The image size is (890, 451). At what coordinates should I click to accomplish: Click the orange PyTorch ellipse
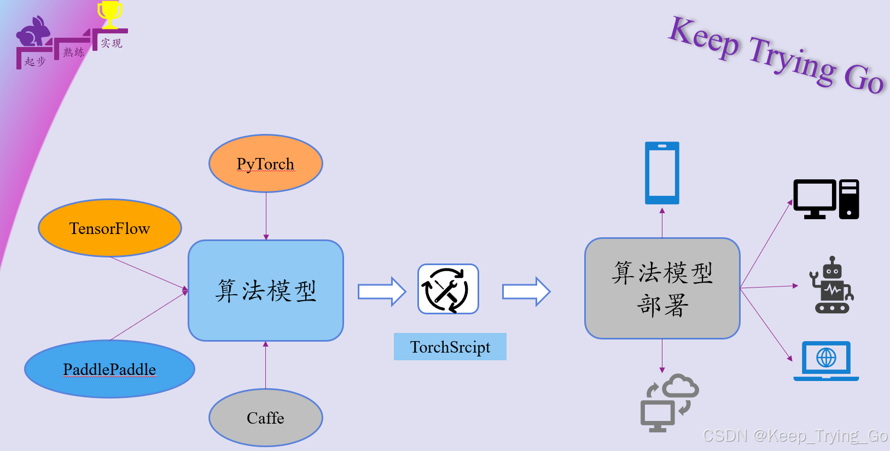(x=266, y=163)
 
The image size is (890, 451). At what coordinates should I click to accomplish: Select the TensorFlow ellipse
(x=109, y=228)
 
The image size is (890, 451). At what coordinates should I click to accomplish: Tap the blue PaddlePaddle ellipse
(x=109, y=369)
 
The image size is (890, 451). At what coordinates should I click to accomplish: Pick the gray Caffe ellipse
(x=266, y=418)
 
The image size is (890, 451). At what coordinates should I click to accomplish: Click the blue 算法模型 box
(x=266, y=290)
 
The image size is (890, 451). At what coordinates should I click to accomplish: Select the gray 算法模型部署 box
(x=662, y=288)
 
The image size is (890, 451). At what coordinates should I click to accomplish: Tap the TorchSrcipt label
(x=450, y=347)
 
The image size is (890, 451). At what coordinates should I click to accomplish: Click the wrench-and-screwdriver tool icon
(x=448, y=289)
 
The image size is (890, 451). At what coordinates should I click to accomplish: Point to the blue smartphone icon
(x=662, y=173)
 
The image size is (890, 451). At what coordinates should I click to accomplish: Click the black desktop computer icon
(x=825, y=199)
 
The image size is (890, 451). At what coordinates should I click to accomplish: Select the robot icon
(x=832, y=285)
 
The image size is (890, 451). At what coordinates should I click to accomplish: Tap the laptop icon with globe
(x=826, y=361)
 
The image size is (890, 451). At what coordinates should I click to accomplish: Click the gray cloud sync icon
(x=669, y=403)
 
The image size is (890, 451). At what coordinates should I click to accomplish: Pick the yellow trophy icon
(x=110, y=14)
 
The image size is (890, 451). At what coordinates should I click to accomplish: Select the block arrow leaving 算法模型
(x=382, y=291)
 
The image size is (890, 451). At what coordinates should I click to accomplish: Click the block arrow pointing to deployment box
(x=526, y=291)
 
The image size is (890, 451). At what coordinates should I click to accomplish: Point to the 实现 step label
(x=111, y=43)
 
